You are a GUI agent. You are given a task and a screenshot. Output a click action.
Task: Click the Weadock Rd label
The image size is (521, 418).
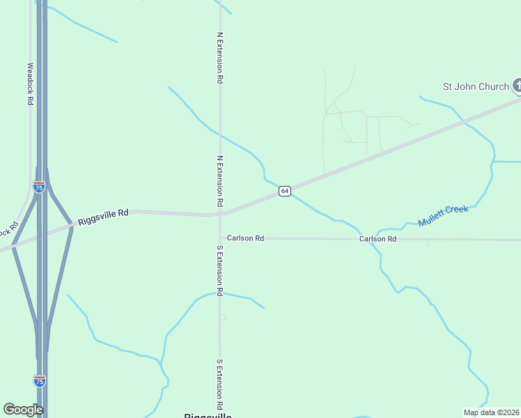point(30,84)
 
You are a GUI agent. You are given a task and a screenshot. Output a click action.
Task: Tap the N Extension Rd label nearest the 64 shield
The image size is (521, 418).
point(219,180)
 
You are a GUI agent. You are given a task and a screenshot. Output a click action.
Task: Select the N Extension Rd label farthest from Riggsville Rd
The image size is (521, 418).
point(219,58)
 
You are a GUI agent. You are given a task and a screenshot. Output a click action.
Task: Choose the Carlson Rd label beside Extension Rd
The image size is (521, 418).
point(245,238)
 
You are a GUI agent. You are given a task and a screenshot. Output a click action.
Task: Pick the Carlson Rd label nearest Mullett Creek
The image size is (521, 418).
point(378,239)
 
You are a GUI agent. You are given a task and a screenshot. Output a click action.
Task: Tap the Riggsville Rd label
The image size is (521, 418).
point(103,215)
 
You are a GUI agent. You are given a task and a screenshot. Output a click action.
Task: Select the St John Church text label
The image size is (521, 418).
point(476,86)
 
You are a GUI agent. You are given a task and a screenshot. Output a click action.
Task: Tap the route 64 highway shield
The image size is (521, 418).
point(285,191)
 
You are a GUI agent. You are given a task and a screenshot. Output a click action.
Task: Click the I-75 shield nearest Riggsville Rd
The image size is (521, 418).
point(39,187)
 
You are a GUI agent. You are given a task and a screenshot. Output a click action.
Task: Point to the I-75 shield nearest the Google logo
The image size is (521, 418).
point(40,380)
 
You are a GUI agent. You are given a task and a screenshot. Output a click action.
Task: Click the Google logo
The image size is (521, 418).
point(23,410)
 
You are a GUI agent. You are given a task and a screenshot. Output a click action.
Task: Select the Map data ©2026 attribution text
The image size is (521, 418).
point(492,412)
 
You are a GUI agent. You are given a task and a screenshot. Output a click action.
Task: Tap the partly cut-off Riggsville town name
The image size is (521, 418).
point(208,415)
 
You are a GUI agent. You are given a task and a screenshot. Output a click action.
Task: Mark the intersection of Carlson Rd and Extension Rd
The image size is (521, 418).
point(220,238)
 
